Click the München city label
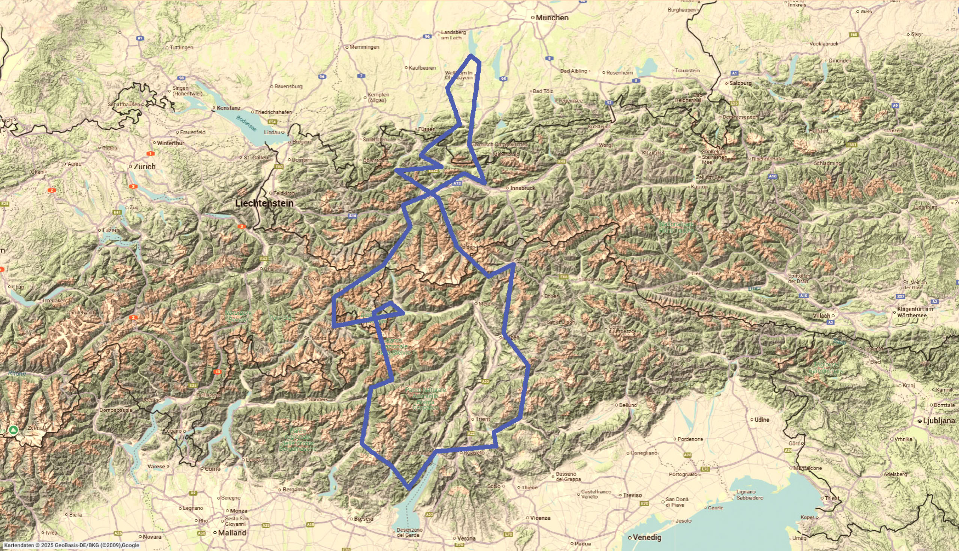552,18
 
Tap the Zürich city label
144,167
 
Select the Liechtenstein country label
264,203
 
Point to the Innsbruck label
523,188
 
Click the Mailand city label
233,532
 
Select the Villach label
822,315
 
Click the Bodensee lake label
246,124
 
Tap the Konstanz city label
228,108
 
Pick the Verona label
466,538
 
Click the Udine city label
762,419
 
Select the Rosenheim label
619,72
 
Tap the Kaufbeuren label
422,68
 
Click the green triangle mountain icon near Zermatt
13,430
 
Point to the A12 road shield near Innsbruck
457,183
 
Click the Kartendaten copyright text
72,545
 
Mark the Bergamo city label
294,489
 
